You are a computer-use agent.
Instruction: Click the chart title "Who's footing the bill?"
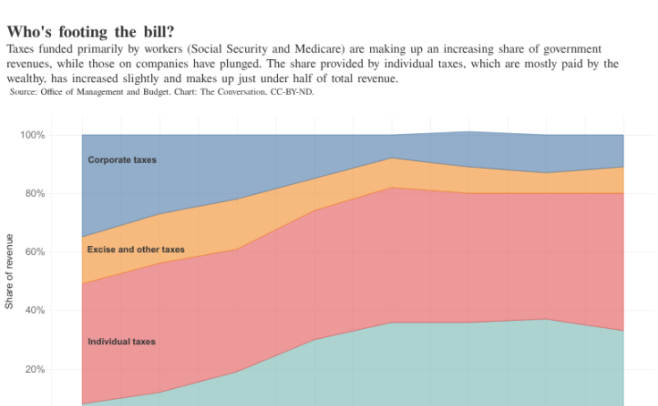90,31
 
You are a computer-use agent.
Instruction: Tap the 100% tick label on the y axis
32,135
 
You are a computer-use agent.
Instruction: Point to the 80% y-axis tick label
34,194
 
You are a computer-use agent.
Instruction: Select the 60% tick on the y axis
34,252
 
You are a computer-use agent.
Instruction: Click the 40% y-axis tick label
34,311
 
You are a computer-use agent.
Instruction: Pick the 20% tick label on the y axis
34,369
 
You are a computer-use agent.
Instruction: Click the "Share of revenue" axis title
10,271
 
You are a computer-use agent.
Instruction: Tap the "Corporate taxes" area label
122,160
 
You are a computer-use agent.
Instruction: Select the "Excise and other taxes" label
136,250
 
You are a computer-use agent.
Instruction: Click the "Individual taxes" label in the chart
122,342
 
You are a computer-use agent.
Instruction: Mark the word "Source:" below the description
23,91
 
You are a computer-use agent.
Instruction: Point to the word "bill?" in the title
153,31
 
